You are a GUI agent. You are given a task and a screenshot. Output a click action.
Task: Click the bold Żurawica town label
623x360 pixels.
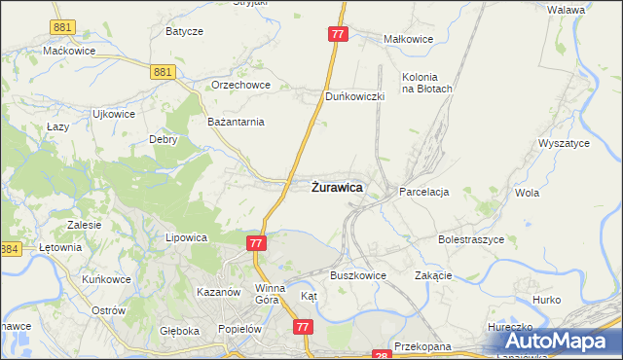[338, 187]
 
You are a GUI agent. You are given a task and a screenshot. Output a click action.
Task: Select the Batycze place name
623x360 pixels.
[184, 31]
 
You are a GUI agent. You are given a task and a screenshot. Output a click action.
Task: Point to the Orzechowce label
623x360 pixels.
[239, 85]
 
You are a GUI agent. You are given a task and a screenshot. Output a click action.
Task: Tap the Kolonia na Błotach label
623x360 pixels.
[427, 83]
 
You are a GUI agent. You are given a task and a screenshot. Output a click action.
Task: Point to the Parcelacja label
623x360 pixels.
[423, 193]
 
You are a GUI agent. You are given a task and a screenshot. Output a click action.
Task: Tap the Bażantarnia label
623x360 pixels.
[237, 122]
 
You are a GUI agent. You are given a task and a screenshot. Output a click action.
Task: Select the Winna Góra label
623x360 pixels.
[270, 294]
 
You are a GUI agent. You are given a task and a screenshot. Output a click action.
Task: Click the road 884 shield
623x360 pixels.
[10, 250]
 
